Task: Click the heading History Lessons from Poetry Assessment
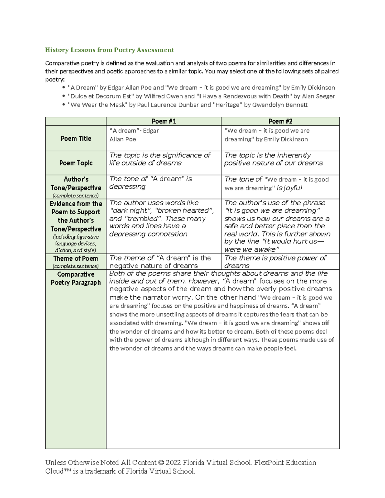(109, 50)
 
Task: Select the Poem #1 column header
(164, 121)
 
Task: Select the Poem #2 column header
(280, 121)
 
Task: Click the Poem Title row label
(76, 139)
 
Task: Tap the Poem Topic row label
(76, 163)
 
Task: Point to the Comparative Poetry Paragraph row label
(76, 278)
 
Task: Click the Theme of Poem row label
(76, 258)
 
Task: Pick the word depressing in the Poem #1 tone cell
(127, 187)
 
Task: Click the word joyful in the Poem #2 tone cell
(290, 188)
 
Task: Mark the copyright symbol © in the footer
(161, 463)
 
